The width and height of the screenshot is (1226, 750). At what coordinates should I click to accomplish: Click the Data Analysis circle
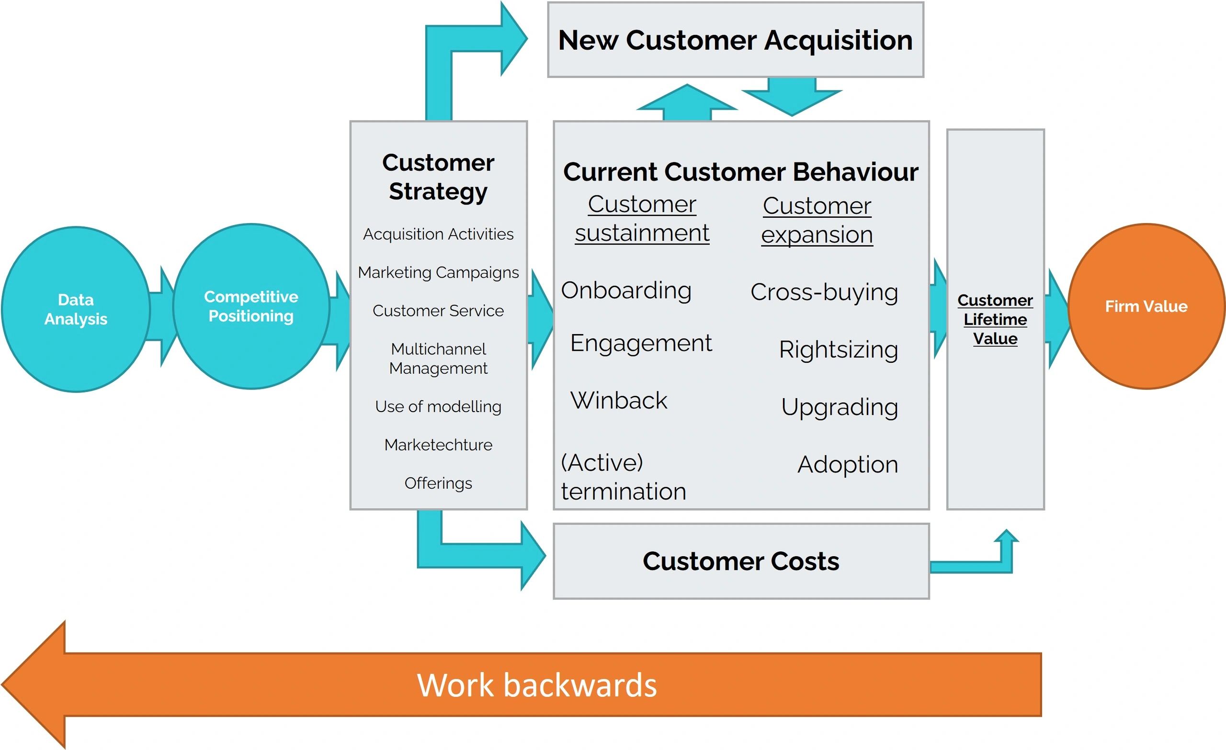pos(76,309)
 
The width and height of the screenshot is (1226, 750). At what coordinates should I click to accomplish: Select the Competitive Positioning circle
pos(251,306)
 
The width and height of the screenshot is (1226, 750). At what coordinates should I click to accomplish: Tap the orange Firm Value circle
pos(1146,306)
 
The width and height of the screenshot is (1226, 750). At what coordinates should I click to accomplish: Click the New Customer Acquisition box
pos(736,40)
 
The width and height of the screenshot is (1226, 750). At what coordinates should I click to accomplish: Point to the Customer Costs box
pos(741,561)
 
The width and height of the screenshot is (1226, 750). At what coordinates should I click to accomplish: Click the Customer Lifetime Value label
pos(995,319)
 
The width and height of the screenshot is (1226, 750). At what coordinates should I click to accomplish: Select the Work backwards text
pos(537,685)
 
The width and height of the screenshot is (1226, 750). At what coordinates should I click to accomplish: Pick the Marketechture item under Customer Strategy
pos(438,445)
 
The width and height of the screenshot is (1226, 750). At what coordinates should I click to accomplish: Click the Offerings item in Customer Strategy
pos(438,483)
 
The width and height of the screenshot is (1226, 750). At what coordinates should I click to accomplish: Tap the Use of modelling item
pos(438,406)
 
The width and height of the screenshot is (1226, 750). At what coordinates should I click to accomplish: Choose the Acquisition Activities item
pos(438,234)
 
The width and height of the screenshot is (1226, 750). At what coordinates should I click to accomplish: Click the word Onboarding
pos(626,291)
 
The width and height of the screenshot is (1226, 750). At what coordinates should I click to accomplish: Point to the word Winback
pos(618,400)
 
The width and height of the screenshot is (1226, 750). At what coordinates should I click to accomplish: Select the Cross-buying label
pos(824,292)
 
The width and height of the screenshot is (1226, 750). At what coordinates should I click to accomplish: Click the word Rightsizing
pos(839,350)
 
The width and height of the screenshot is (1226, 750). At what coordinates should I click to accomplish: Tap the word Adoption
pos(847,465)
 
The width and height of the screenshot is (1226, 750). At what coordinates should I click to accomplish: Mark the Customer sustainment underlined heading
pos(642,219)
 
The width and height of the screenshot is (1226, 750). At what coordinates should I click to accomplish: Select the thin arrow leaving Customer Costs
pos(975,562)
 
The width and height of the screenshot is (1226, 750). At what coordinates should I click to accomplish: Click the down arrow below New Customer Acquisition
pos(792,97)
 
